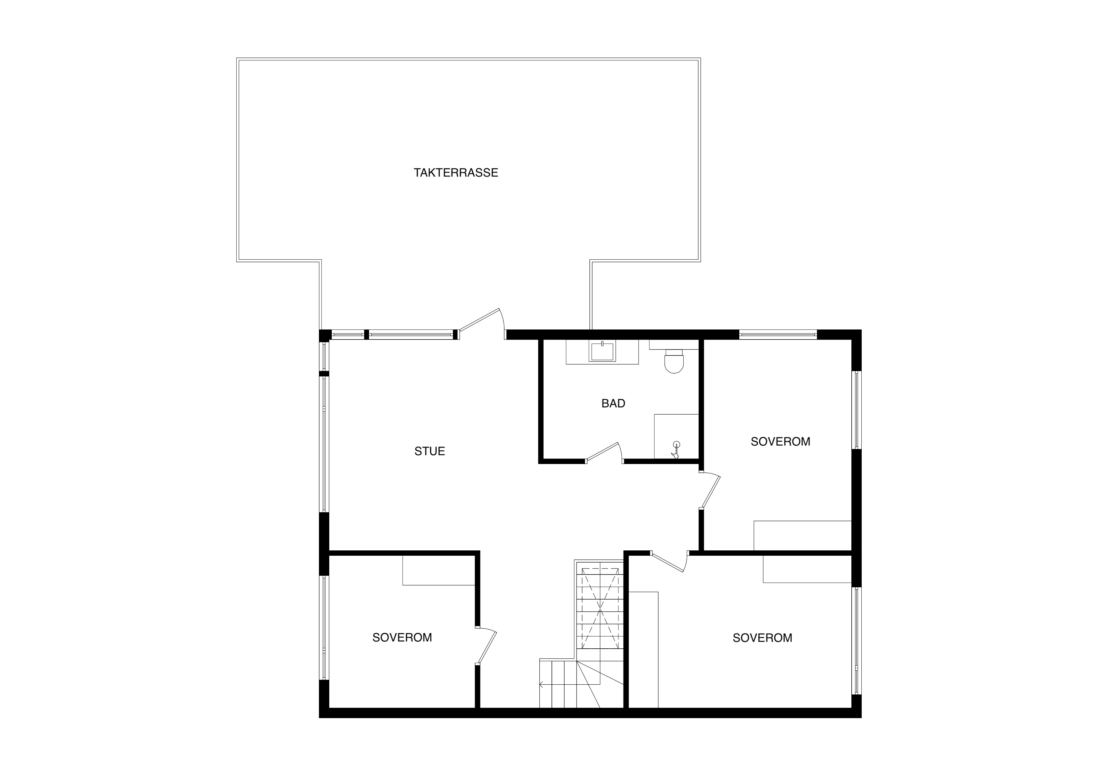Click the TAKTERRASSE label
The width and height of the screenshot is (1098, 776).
(456, 173)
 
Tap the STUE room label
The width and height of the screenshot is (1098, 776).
(429, 451)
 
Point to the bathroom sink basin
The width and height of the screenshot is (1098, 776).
(602, 351)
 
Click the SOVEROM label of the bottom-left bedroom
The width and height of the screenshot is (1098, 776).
(402, 637)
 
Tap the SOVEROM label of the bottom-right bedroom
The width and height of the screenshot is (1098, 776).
(762, 638)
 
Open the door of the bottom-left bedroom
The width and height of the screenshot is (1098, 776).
(486, 646)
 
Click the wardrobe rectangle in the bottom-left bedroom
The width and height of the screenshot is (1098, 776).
(439, 570)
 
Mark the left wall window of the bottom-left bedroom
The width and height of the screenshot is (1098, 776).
(324, 628)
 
